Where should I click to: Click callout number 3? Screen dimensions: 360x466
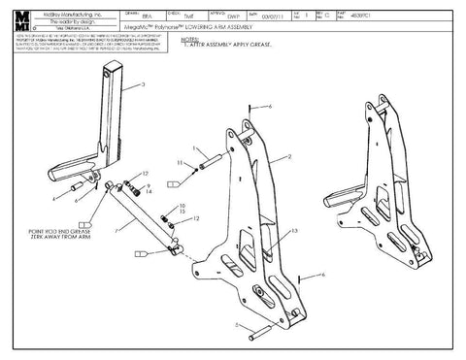144,85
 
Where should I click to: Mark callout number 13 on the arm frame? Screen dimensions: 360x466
296,230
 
